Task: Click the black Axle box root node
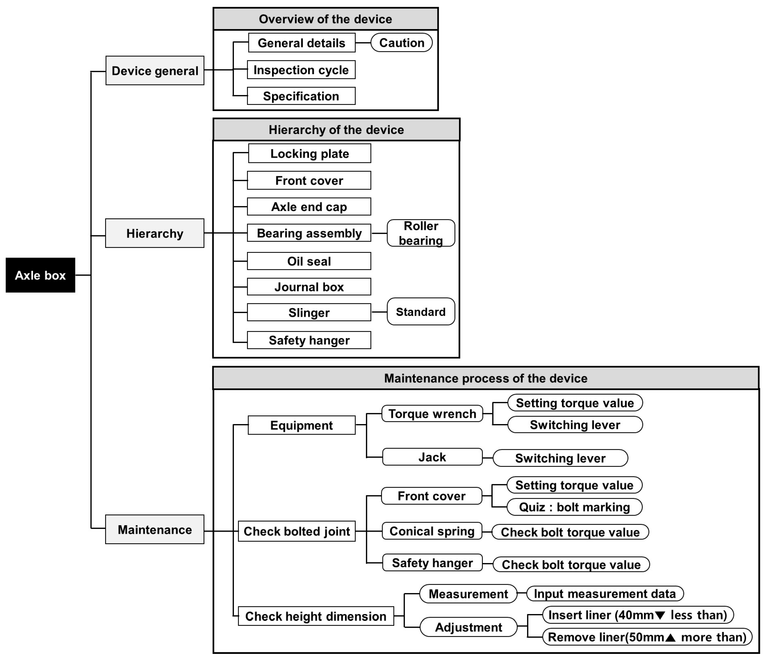click(x=40, y=275)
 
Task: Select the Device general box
click(x=155, y=71)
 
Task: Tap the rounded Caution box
click(x=401, y=43)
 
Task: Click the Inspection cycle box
click(x=301, y=70)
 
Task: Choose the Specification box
click(x=301, y=96)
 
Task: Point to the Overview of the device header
click(x=325, y=19)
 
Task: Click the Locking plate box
click(x=309, y=154)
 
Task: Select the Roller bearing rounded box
click(x=421, y=233)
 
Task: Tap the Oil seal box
click(x=309, y=261)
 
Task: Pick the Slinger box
click(x=309, y=312)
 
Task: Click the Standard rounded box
click(x=421, y=312)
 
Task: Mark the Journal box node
click(x=309, y=287)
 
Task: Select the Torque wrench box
click(x=432, y=414)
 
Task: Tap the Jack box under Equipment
click(x=432, y=457)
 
